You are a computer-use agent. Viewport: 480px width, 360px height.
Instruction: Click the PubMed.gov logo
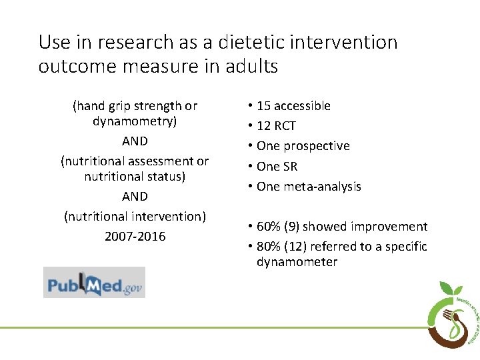click(x=94, y=282)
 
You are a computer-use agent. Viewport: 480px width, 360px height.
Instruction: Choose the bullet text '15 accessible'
click(x=293, y=106)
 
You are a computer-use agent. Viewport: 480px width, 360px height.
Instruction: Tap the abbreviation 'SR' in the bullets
click(x=289, y=167)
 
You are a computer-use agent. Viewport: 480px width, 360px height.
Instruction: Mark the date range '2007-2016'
click(x=135, y=237)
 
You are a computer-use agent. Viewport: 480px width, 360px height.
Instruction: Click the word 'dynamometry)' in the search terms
click(x=135, y=122)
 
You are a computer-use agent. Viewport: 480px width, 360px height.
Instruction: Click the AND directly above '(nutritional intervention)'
click(x=135, y=197)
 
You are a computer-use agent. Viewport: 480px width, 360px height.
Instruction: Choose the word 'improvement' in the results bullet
click(x=392, y=227)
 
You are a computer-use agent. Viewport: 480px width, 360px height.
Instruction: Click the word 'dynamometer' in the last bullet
click(x=297, y=262)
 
